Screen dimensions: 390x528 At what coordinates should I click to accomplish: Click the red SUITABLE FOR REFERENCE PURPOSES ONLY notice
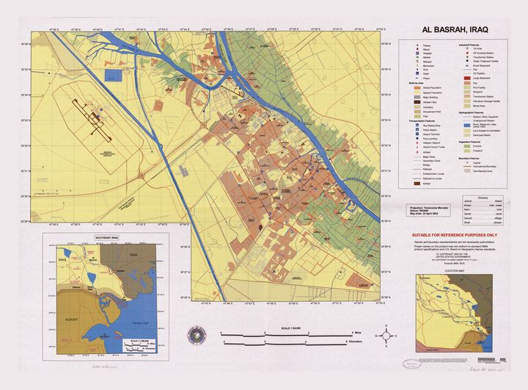click(455, 235)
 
